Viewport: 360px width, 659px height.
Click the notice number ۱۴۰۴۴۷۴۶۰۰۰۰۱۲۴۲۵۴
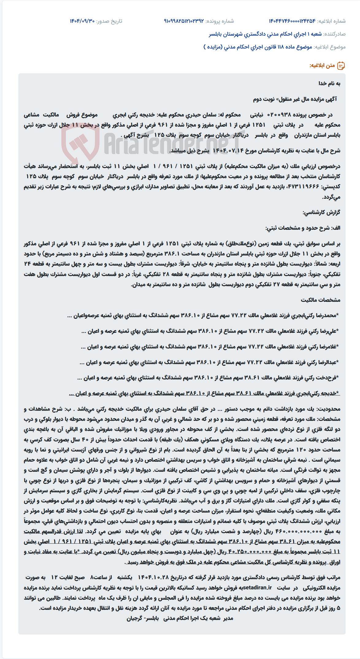[x=292, y=21]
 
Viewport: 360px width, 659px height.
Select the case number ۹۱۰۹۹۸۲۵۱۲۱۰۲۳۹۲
[x=184, y=21]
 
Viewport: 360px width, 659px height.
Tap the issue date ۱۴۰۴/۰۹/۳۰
[x=82, y=21]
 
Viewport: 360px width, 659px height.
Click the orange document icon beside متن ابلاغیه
[x=341, y=66]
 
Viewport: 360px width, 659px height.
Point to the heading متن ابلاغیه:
[x=322, y=66]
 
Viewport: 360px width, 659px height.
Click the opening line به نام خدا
[x=329, y=83]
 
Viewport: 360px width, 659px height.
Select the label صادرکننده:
[x=335, y=34]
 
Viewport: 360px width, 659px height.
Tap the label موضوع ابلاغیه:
[x=330, y=47]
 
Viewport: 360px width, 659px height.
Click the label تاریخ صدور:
[x=109, y=21]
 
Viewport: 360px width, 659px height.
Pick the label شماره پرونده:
[x=220, y=21]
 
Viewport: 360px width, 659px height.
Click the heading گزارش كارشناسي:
[x=321, y=212]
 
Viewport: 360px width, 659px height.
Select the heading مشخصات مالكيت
[x=320, y=300]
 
